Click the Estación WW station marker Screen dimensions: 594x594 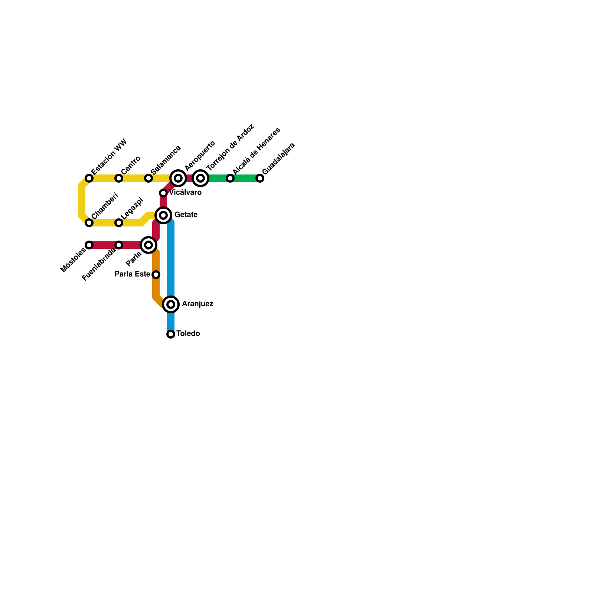click(x=89, y=178)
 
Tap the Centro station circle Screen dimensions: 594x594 click(x=119, y=178)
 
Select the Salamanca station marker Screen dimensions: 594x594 click(x=148, y=178)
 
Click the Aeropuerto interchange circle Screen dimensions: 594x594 click(x=178, y=178)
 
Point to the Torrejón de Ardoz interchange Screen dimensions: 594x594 click(x=200, y=178)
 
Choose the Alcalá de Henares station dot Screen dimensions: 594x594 click(x=230, y=178)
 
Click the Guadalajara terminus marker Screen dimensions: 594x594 click(x=260, y=178)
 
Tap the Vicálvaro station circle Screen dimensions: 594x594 click(x=163, y=193)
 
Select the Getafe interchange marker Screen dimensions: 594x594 click(x=163, y=215)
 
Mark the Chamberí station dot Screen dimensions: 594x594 click(x=89, y=223)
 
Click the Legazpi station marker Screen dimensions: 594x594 click(x=119, y=223)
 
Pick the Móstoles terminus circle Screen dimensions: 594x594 click(x=89, y=245)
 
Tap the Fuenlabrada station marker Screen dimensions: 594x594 click(x=119, y=245)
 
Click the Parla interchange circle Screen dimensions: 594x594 click(x=148, y=245)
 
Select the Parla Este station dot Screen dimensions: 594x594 click(x=156, y=275)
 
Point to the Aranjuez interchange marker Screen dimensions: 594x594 click(x=171, y=304)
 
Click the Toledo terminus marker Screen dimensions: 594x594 click(x=171, y=334)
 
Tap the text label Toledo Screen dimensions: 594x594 click(x=188, y=334)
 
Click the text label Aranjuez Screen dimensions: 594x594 click(x=198, y=304)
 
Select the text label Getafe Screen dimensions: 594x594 click(x=186, y=215)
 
